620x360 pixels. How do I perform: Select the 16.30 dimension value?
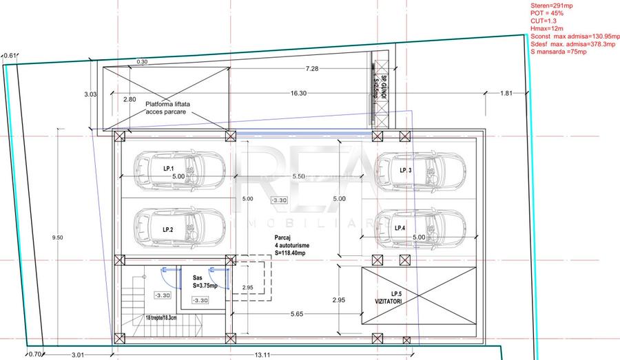pyautogui.click(x=298, y=93)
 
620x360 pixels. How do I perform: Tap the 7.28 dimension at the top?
pyautogui.click(x=312, y=69)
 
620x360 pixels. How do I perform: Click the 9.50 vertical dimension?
pyautogui.click(x=57, y=237)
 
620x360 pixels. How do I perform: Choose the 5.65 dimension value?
pyautogui.click(x=296, y=314)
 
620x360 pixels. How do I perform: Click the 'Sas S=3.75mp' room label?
pyautogui.click(x=205, y=282)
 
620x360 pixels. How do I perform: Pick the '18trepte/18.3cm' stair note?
pyautogui.click(x=161, y=317)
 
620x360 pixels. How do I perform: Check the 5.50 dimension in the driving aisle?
pyautogui.click(x=298, y=177)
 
